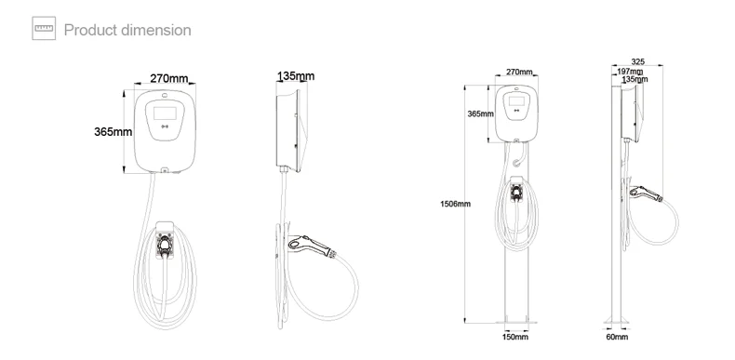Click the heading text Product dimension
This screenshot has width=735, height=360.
[x=127, y=30]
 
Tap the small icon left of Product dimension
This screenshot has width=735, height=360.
[x=44, y=30]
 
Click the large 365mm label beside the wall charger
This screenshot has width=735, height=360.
[x=113, y=131]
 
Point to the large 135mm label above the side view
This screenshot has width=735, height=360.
[x=295, y=76]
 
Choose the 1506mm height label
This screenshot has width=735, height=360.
[x=455, y=204]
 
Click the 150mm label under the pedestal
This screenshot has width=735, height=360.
[x=515, y=338]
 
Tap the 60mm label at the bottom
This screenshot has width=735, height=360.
[x=617, y=338]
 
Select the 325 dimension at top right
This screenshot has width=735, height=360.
[x=637, y=62]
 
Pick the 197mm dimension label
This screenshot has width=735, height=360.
[x=629, y=72]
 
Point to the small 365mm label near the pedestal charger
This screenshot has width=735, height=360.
[x=480, y=113]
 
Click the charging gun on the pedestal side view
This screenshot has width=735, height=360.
[x=646, y=194]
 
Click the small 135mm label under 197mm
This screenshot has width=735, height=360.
[x=635, y=80]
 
